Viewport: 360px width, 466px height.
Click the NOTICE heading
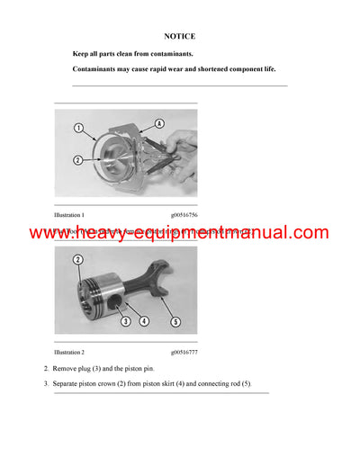(180, 37)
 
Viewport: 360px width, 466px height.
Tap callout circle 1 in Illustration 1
(78, 128)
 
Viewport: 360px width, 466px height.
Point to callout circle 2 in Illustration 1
(78, 160)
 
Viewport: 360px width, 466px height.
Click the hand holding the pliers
(183, 143)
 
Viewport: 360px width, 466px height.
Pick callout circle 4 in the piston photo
(143, 320)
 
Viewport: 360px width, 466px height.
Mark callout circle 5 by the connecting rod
(176, 320)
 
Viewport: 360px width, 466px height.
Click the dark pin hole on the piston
(117, 298)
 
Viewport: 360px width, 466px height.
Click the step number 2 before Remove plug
(46, 370)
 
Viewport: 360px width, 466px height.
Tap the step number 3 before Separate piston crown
(46, 384)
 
